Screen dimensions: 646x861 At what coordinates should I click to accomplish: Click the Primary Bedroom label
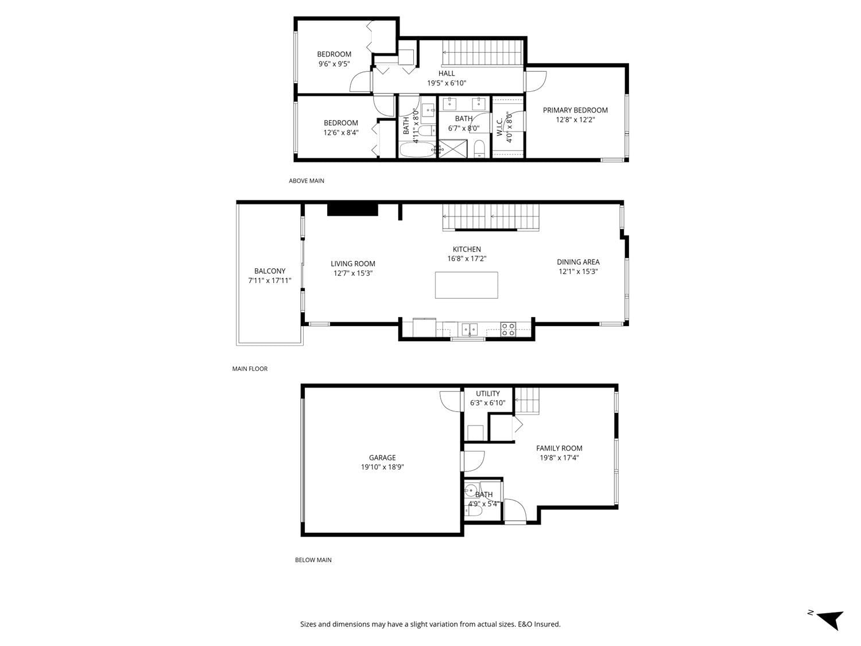[x=575, y=110]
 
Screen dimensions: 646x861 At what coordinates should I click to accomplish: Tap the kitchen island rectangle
[x=466, y=285]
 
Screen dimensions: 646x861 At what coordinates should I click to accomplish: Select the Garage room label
[x=382, y=458]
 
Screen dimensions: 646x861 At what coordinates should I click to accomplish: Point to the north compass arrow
[x=830, y=619]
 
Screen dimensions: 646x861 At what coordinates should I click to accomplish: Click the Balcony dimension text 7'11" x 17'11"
[x=270, y=281]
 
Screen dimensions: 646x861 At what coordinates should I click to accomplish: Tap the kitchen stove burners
[x=508, y=329]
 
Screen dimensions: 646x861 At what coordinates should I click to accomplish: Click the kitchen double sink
[x=470, y=329]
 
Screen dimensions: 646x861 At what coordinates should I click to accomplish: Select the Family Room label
[x=559, y=448]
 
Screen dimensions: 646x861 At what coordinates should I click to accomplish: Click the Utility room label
[x=488, y=394]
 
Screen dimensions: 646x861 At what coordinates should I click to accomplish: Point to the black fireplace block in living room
[x=352, y=210]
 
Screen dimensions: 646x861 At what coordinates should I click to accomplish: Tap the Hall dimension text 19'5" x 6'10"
[x=447, y=83]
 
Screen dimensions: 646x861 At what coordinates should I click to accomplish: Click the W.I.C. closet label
[x=499, y=122]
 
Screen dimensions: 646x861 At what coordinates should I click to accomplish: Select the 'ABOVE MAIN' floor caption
[x=307, y=181]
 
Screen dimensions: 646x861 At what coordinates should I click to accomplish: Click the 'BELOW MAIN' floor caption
[x=313, y=560]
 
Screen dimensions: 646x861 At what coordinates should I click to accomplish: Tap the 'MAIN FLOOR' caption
[x=250, y=369]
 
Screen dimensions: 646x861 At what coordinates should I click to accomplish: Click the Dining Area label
[x=578, y=262]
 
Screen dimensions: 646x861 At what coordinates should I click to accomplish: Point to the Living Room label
[x=353, y=264]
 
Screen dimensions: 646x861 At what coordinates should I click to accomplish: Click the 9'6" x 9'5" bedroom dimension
[x=334, y=64]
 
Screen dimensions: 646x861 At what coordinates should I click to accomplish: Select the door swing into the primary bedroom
[x=537, y=79]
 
